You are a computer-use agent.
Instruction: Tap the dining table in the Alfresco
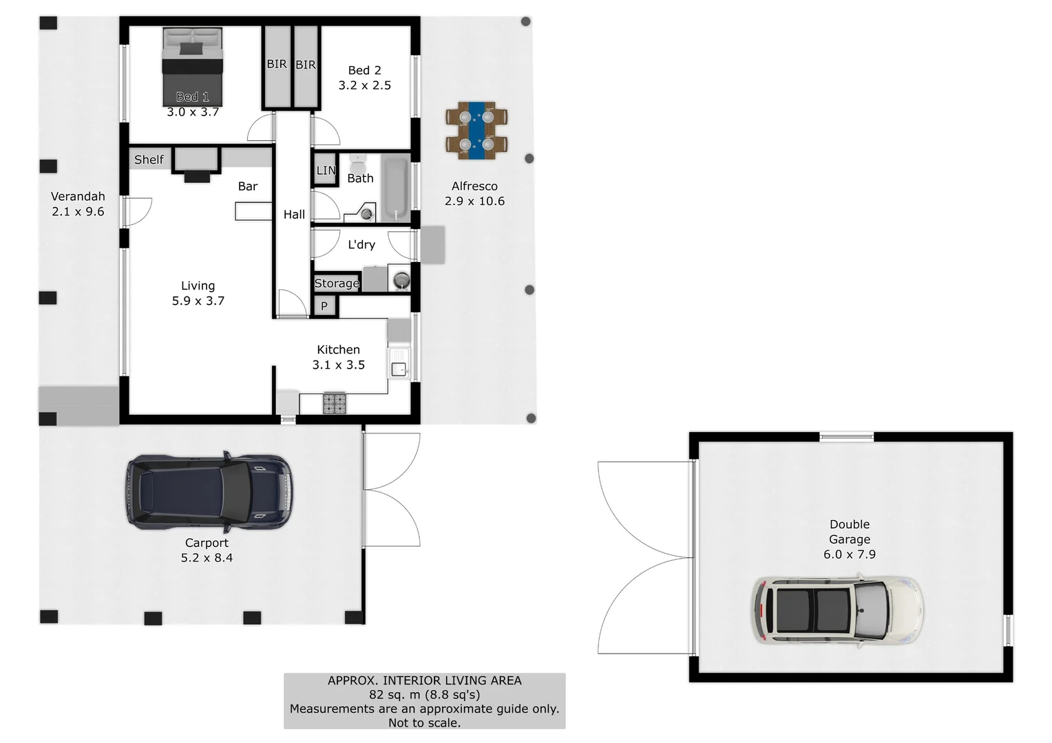[x=476, y=131]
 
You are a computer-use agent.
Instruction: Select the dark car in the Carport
[x=209, y=492]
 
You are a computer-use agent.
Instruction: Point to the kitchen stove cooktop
[x=335, y=403]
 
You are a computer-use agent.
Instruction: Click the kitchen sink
[x=399, y=364]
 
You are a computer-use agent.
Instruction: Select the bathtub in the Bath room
[x=395, y=189]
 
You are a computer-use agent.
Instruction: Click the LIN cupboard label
[x=326, y=170]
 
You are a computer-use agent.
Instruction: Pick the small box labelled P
[x=324, y=306]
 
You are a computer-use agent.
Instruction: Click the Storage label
[x=337, y=283]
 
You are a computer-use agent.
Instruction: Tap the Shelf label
[x=149, y=160]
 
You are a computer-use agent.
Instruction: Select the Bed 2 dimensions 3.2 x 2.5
[x=364, y=85]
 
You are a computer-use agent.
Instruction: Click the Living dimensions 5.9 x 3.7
[x=198, y=301]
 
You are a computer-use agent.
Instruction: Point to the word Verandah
[x=78, y=196]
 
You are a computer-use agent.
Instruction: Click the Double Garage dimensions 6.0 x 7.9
[x=849, y=554]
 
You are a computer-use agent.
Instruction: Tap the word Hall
[x=294, y=215]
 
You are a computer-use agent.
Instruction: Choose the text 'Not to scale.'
[x=424, y=722]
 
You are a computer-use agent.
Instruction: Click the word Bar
[x=248, y=186]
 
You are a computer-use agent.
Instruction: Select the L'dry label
[x=361, y=244]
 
